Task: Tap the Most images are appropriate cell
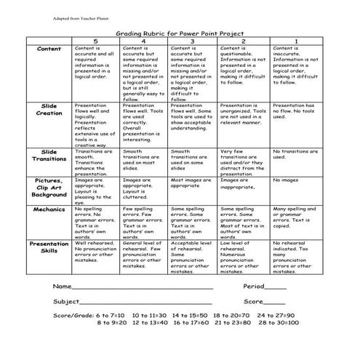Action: [x=192, y=183]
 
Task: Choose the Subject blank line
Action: [x=145, y=302]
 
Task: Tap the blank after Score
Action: [x=274, y=302]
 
